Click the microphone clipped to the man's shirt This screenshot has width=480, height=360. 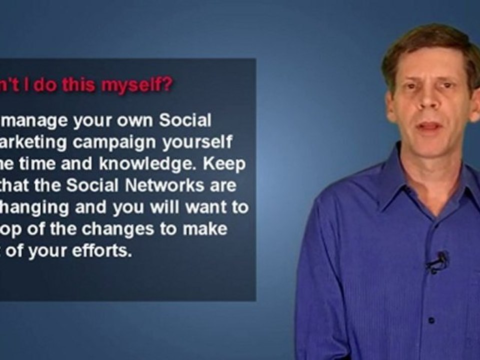pyautogui.click(x=439, y=260)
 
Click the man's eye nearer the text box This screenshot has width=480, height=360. pyautogui.click(x=409, y=86)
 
